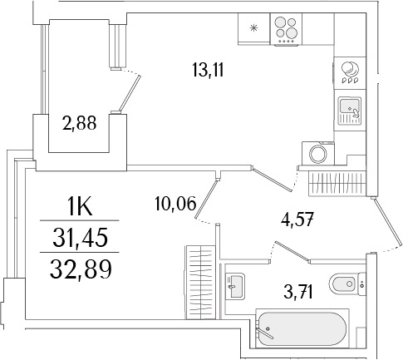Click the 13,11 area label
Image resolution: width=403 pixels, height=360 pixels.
(209, 72)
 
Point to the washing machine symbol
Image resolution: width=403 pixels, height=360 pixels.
(317, 154)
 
